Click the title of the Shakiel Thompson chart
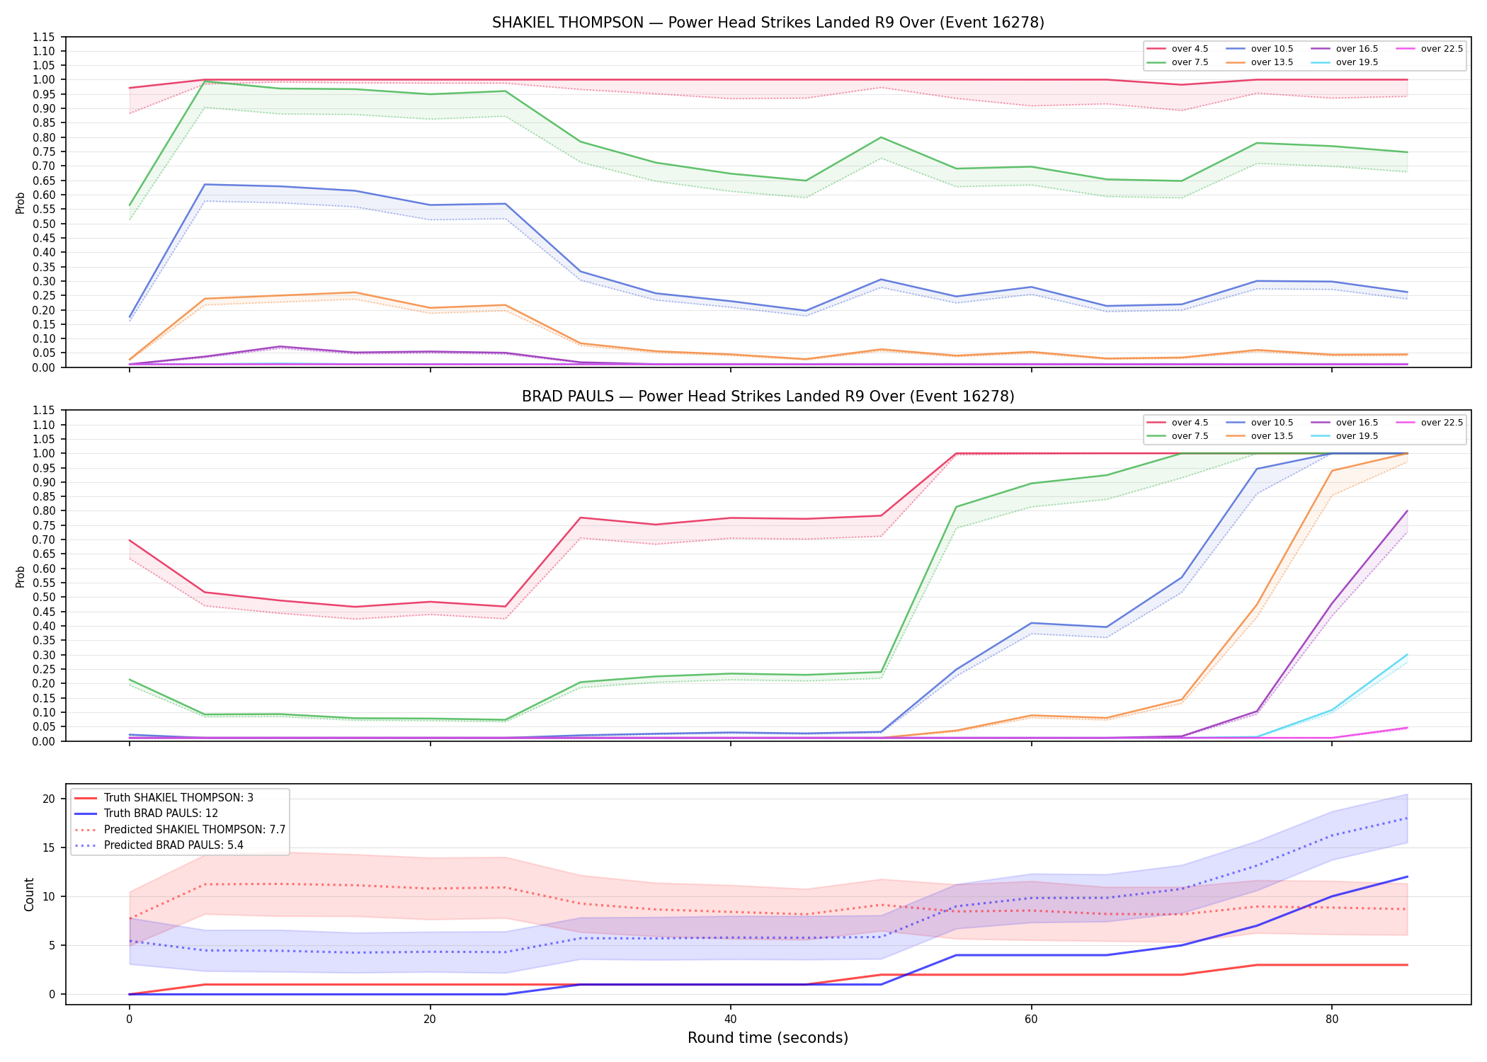coord(768,23)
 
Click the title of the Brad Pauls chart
coord(768,396)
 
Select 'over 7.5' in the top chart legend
coord(1190,62)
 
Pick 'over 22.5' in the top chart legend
coord(1442,49)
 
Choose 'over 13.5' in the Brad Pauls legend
coord(1272,436)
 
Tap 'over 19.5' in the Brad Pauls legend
coord(1357,436)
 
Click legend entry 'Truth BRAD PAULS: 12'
coord(161,813)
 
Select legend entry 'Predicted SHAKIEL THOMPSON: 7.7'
coord(195,829)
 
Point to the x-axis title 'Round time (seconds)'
coord(768,1038)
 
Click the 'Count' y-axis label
coord(29,894)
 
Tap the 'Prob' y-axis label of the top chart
coord(21,202)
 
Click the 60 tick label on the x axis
coord(1031,1020)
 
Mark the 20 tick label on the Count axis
coord(49,799)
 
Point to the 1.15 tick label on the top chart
coord(45,37)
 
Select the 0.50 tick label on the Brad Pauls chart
coord(45,597)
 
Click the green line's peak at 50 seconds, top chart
coord(881,137)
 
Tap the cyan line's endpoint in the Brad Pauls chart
coord(1407,654)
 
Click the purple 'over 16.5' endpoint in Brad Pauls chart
coord(1407,510)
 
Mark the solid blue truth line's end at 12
coord(1407,877)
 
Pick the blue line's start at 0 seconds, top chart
coord(129,316)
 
